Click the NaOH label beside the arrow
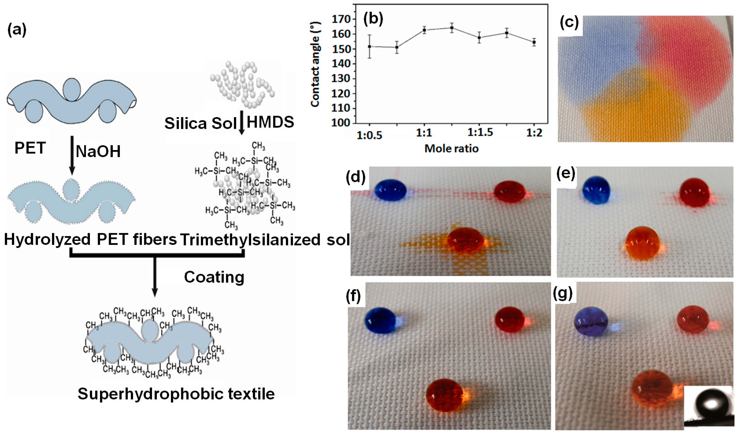tap(98, 151)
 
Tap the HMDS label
tap(270, 122)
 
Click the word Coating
tap(214, 277)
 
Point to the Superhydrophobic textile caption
tap(176, 394)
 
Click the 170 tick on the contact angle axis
tap(341, 19)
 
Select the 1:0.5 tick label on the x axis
tap(369, 135)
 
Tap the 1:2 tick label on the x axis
tap(534, 133)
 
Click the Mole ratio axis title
tap(451, 148)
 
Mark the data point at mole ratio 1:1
tap(424, 30)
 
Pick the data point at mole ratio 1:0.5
tap(370, 46)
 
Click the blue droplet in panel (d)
tap(390, 190)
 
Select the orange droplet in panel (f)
tap(445, 395)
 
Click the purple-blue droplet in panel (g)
tap(591, 325)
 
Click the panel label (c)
tap(569, 22)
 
